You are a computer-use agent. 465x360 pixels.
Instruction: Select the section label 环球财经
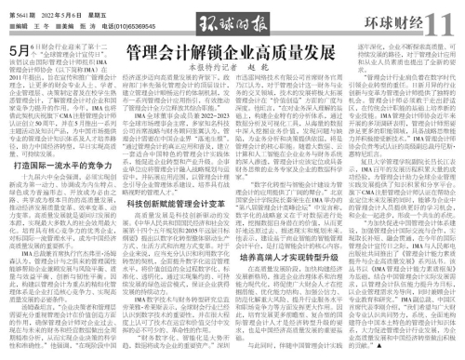tap(398, 19)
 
